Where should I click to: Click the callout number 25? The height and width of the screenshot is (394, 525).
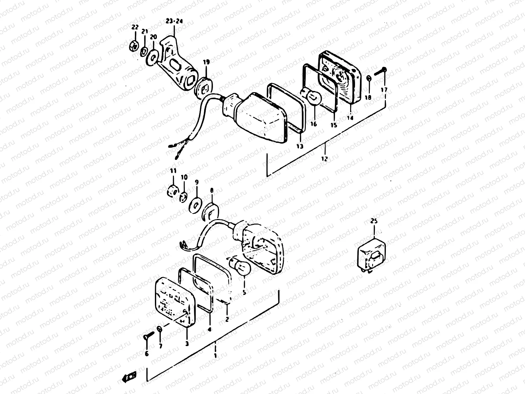click(x=374, y=221)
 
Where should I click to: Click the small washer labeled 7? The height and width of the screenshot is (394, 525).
click(x=159, y=329)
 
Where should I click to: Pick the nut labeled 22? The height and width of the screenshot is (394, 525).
click(x=134, y=47)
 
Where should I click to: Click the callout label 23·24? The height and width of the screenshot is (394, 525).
click(x=174, y=21)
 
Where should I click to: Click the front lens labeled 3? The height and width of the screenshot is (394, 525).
click(x=174, y=300)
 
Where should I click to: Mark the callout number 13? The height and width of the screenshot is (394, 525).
click(x=300, y=146)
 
